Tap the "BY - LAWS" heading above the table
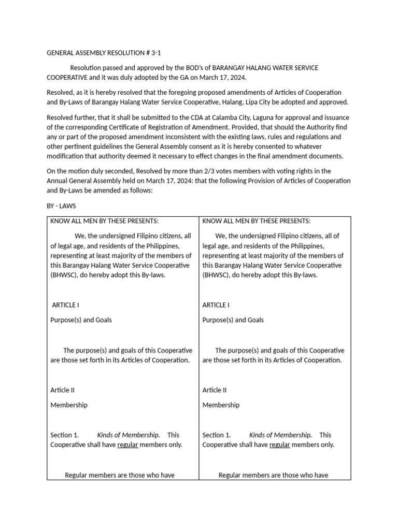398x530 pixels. click(61, 206)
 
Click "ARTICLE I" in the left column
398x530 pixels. click(65, 305)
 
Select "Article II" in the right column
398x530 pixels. click(215, 390)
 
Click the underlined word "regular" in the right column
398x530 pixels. click(279, 445)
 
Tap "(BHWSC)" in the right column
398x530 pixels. click(218, 275)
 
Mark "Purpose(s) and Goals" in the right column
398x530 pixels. click(233, 320)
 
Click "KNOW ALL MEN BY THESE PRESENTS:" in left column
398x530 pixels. click(104, 221)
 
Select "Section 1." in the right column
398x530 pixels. click(217, 435)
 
